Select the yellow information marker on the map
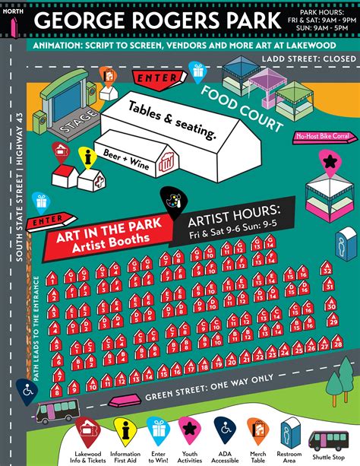click(88, 158)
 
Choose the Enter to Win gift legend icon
click(159, 430)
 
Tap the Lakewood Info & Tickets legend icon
click(88, 430)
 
